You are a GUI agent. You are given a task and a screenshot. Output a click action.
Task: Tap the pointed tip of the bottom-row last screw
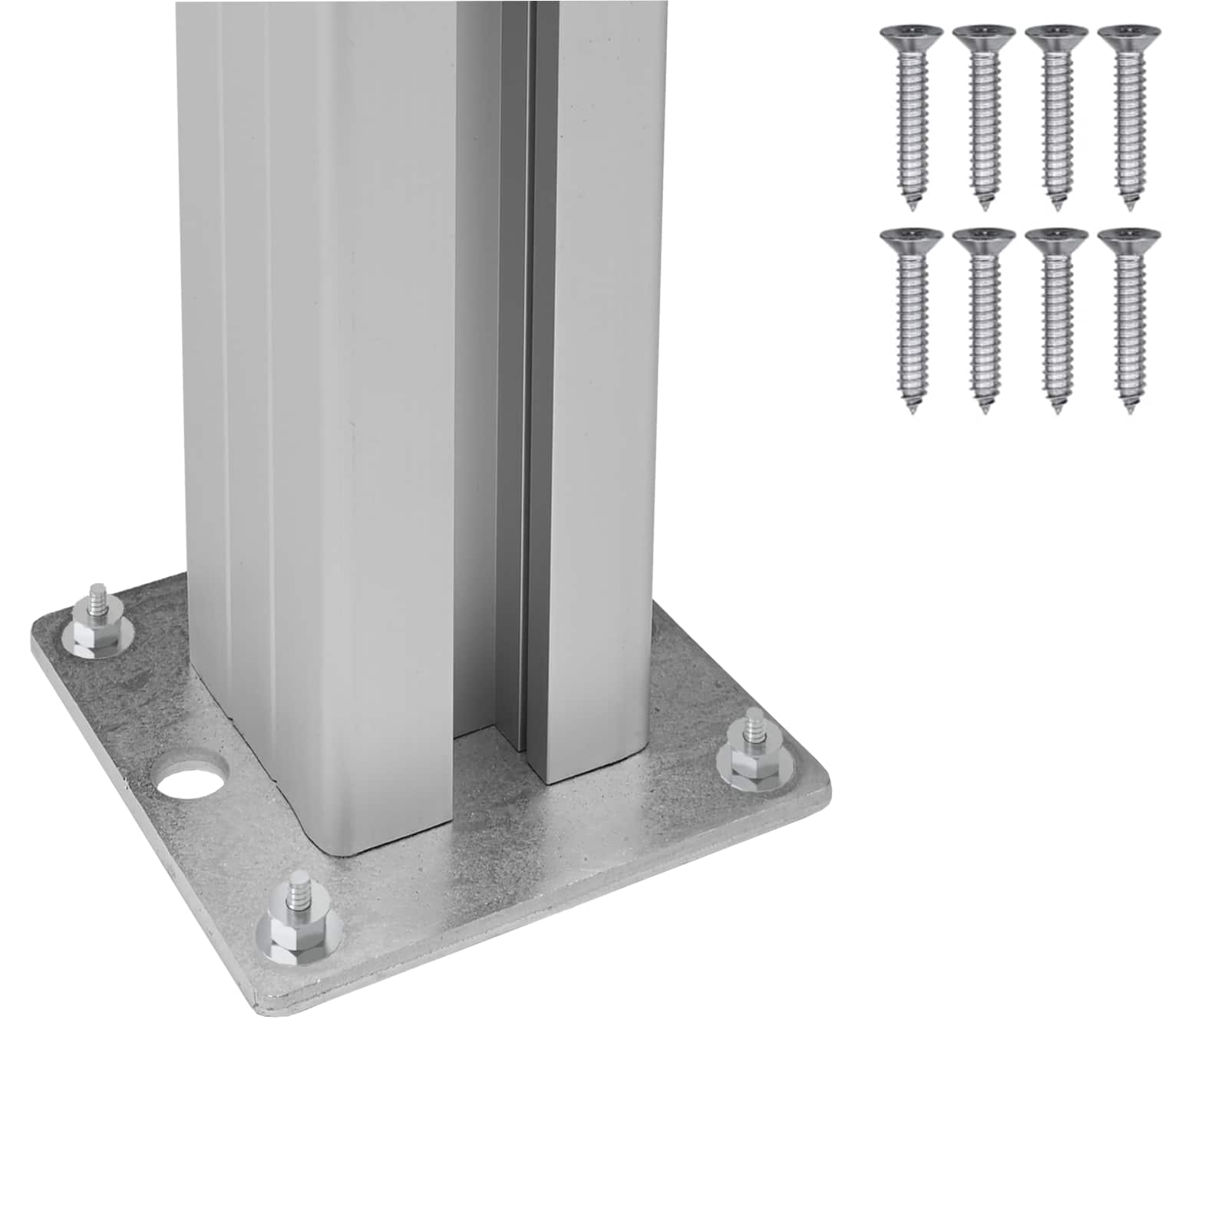pyautogui.click(x=1130, y=411)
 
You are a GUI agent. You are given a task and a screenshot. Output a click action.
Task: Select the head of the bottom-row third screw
pyautogui.click(x=1056, y=239)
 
